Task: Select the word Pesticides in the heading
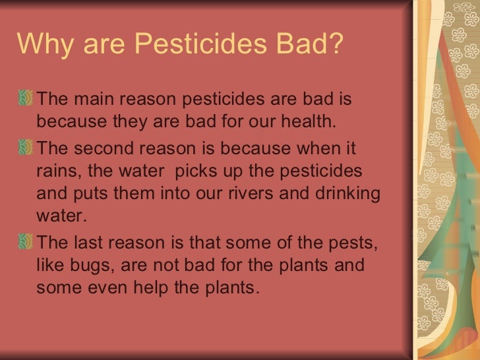190,45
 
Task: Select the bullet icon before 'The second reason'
26,146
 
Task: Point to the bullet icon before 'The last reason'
26,241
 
